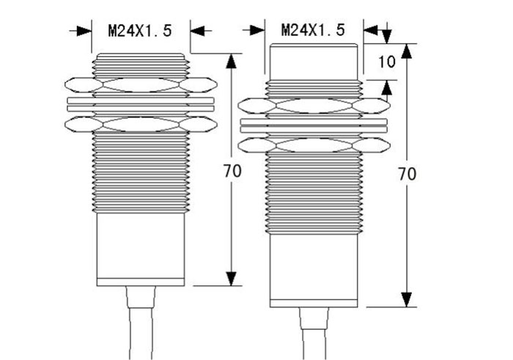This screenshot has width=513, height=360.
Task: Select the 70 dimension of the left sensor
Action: [232, 172]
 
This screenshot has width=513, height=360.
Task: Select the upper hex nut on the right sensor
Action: [313, 107]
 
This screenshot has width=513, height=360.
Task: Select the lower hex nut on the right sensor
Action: [313, 146]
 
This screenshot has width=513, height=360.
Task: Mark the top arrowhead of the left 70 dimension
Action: [232, 60]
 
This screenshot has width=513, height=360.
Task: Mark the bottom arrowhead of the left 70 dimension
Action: [232, 278]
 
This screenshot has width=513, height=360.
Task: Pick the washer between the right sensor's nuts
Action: [313, 126]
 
